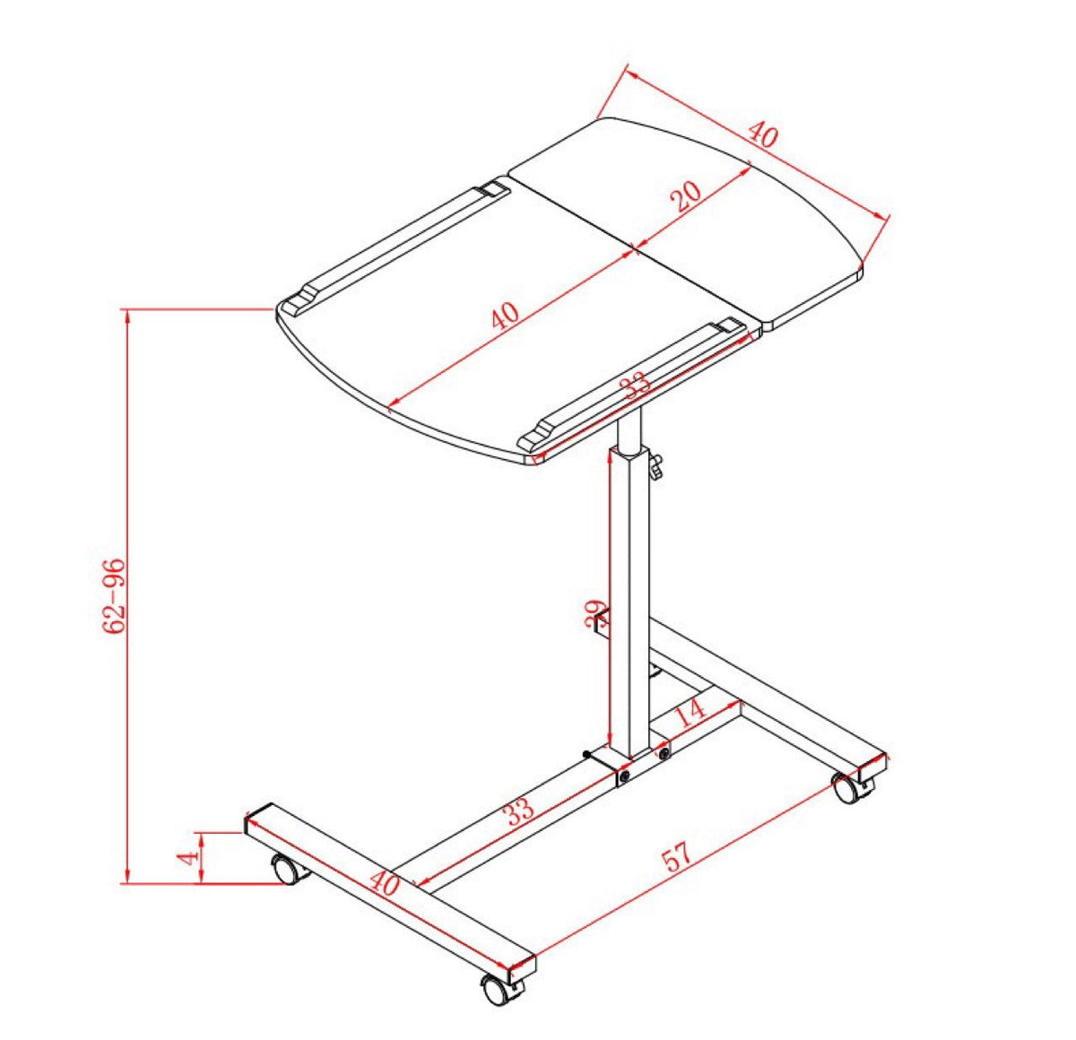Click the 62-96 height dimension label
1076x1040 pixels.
click(114, 596)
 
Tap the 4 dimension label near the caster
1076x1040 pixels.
click(187, 858)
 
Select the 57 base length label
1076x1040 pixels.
click(678, 855)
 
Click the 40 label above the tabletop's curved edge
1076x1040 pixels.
click(762, 136)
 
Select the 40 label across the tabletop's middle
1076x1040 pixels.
click(504, 316)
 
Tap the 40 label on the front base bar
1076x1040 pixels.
click(385, 884)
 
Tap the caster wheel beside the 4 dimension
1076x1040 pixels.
click(285, 870)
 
